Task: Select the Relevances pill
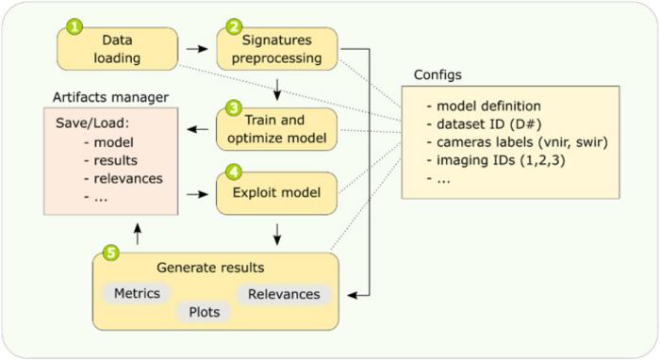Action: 283,294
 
